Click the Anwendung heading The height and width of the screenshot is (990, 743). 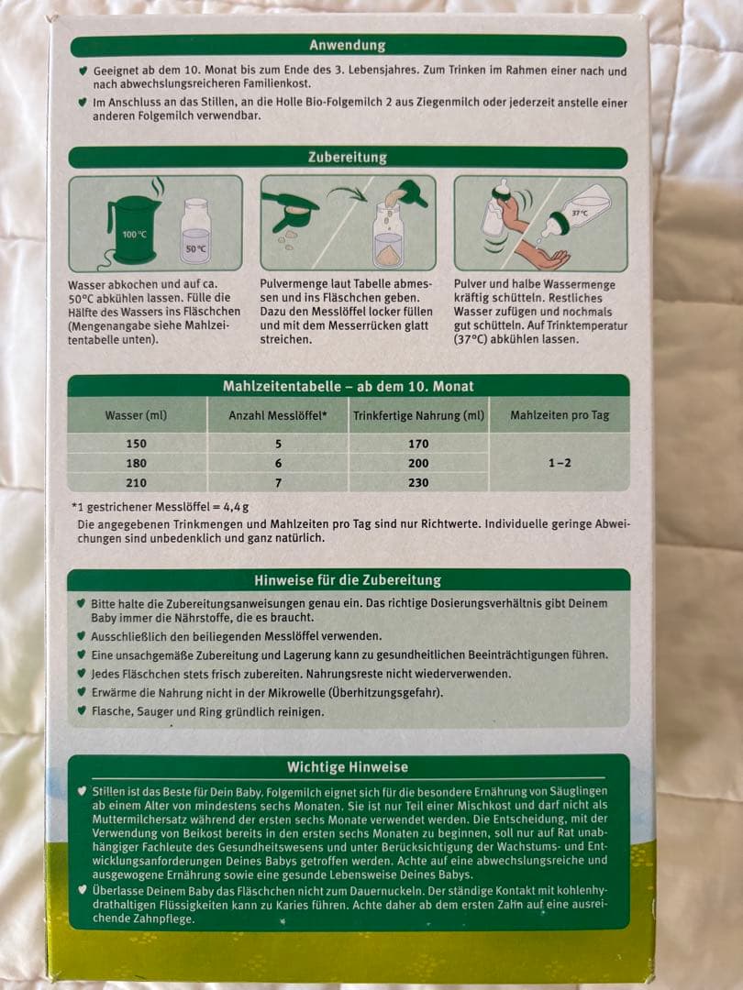347,46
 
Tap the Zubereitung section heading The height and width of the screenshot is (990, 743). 347,157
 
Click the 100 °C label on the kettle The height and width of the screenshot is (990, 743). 134,235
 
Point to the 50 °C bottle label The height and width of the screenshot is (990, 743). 194,247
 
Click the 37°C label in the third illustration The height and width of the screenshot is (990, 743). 580,213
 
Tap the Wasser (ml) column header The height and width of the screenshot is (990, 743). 136,415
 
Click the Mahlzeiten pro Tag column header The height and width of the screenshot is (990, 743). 560,415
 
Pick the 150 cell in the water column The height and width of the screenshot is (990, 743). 136,444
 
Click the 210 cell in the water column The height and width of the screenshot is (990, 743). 136,482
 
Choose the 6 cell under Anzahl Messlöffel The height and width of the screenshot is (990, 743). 278,463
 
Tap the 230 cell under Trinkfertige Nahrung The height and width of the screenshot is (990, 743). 418,482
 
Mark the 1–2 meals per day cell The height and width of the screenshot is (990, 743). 560,463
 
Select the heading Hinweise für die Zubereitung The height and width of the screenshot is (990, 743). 347,579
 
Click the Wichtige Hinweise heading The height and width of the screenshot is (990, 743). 347,766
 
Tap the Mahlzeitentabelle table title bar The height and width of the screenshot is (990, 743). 347,386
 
